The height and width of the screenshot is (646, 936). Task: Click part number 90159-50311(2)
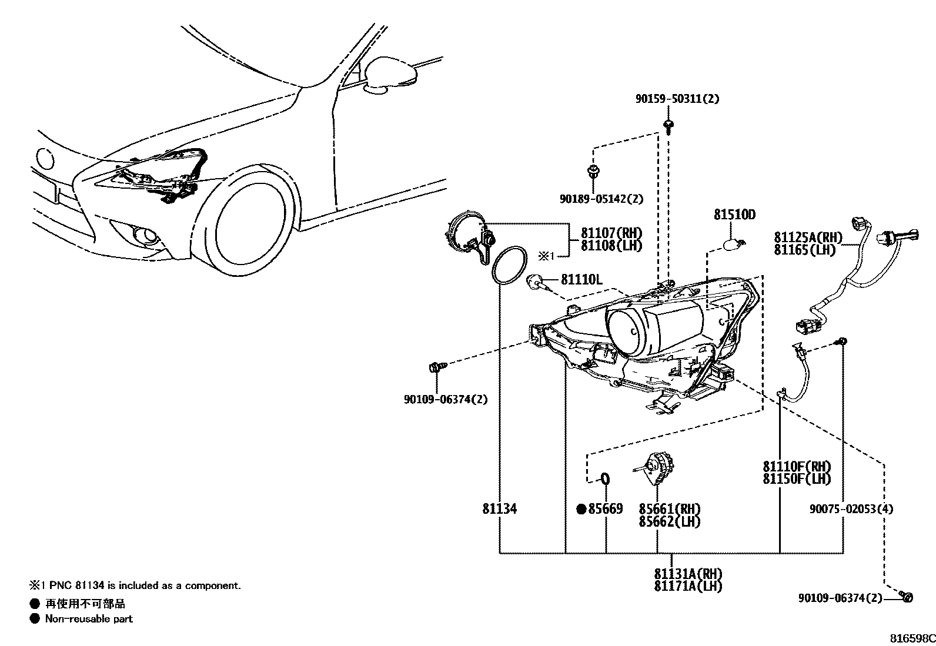click(677, 99)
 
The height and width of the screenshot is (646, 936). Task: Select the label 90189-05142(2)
click(601, 199)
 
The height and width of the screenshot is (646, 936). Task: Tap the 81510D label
click(734, 215)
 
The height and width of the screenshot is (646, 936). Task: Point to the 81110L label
click(581, 280)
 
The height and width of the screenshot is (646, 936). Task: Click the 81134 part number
click(500, 509)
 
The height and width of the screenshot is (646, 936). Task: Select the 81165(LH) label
click(804, 250)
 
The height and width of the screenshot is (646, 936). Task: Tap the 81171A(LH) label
click(688, 586)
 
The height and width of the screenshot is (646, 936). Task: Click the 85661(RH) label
click(670, 509)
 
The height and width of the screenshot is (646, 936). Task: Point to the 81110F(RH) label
click(797, 467)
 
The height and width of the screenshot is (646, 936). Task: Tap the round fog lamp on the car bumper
click(144, 236)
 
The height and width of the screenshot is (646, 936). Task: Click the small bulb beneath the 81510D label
click(736, 242)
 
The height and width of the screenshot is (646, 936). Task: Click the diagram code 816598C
click(911, 638)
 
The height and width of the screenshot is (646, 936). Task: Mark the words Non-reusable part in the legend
click(89, 618)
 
